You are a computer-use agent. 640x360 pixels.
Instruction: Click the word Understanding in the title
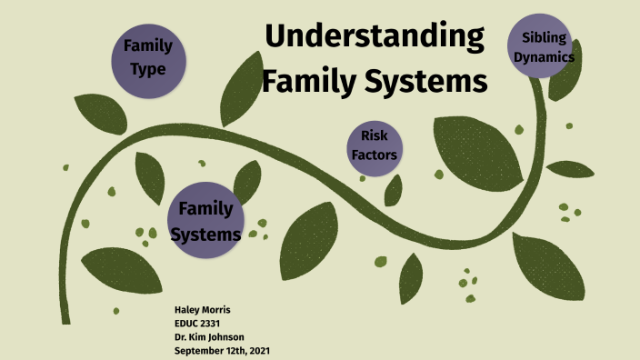(375, 39)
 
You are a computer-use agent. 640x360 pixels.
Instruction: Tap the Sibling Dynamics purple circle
(544, 46)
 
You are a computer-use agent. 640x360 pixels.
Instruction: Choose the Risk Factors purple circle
(375, 145)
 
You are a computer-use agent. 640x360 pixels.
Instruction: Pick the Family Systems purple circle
(205, 221)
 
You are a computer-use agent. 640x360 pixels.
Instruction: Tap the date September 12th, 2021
(222, 350)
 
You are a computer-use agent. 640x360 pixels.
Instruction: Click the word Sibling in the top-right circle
(544, 37)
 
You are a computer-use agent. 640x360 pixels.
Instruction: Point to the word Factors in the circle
(375, 155)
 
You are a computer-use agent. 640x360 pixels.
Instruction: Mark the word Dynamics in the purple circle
(544, 56)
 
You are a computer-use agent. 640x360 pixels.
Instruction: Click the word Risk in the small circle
(375, 135)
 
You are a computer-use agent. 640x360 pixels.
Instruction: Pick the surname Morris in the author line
(218, 310)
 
